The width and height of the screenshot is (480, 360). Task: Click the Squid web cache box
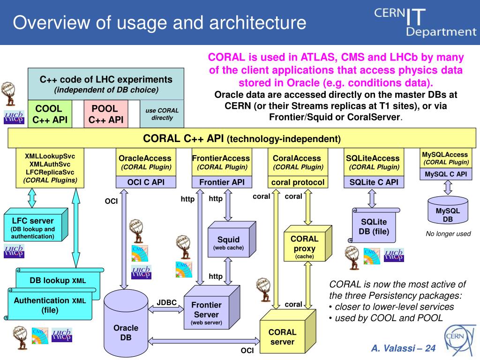[228, 243]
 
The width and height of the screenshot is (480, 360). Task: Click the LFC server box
[32, 228]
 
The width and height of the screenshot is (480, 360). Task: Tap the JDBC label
[166, 302]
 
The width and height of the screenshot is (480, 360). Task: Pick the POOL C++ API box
[105, 114]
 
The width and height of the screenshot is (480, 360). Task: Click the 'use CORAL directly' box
[162, 114]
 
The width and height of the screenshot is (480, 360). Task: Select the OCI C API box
[146, 182]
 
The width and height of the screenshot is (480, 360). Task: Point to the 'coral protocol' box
[298, 182]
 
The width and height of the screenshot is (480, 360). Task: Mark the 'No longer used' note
[448, 234]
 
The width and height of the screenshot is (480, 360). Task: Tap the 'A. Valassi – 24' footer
[403, 348]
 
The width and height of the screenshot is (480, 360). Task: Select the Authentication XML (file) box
[49, 305]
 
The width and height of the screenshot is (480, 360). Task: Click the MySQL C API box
[446, 174]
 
